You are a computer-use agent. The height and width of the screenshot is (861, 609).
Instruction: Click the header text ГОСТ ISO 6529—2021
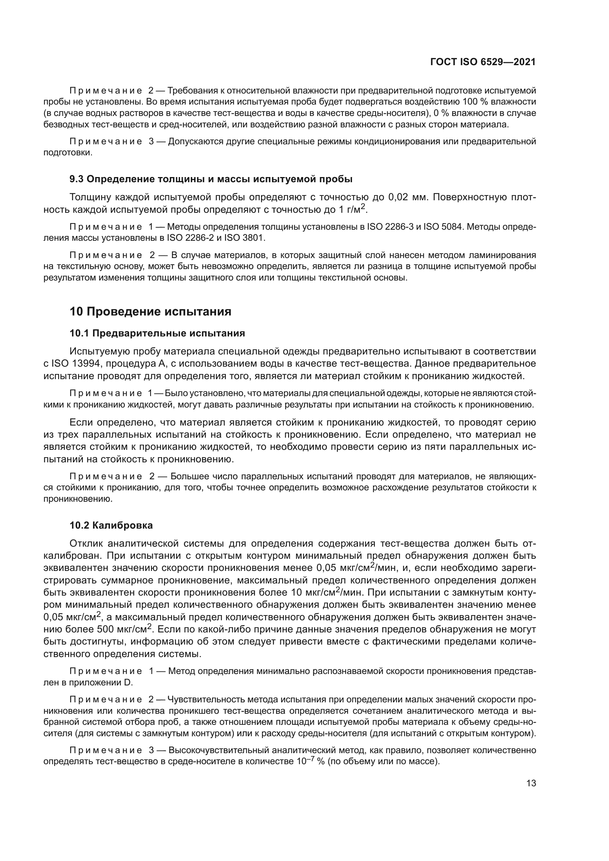click(483, 62)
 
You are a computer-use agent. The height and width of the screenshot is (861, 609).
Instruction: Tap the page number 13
click(531, 783)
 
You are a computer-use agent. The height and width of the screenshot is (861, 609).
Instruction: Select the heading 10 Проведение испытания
click(150, 312)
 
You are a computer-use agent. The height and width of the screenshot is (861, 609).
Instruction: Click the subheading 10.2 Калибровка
click(111, 525)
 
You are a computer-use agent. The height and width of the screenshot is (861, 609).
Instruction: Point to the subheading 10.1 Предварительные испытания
click(157, 333)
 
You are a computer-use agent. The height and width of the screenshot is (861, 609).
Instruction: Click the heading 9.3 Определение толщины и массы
click(211, 179)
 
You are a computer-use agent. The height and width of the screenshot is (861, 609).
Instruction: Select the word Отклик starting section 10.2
click(85, 543)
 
